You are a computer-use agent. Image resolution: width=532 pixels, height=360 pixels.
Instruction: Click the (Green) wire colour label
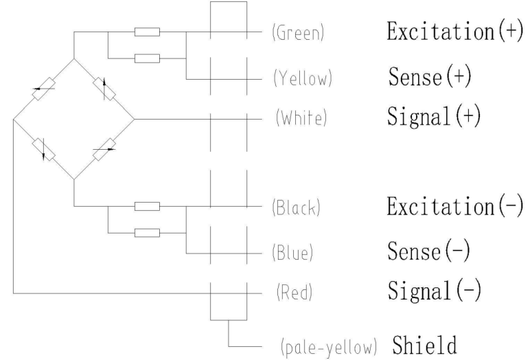[x=299, y=34]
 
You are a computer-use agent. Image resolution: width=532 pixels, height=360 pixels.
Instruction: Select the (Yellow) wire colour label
[x=303, y=79]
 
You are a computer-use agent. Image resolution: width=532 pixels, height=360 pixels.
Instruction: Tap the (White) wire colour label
[x=301, y=118]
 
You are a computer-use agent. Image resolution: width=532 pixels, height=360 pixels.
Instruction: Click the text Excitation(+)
[x=450, y=32]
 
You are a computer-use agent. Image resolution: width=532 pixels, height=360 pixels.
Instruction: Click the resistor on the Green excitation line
[x=147, y=32]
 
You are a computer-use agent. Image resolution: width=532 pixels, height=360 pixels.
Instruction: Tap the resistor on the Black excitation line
[x=147, y=206]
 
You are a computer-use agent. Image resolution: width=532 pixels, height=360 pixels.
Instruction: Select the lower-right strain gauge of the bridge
[x=103, y=149]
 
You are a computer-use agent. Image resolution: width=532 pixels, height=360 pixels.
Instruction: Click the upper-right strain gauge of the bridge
[x=103, y=89]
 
